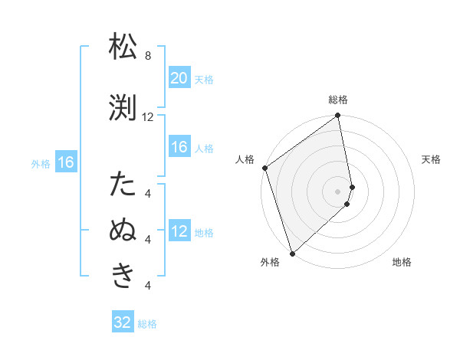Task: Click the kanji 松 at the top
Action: point(123,48)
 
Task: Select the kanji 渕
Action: point(123,108)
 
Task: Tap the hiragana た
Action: point(123,185)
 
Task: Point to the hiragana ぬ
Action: point(123,231)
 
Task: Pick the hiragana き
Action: point(123,275)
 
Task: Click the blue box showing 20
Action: point(179,78)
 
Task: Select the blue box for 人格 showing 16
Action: point(179,147)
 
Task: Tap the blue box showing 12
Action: point(179,231)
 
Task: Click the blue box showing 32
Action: point(123,322)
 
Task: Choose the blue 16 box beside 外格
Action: point(65,162)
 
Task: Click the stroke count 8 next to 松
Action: point(147,56)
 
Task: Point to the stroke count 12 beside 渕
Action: point(148,117)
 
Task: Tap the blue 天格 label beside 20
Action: point(203,79)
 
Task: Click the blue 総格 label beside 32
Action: point(147,324)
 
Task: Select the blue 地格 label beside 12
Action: point(203,232)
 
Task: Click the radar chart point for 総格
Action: point(338,116)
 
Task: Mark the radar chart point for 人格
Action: point(264,168)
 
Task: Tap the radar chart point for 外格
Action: point(291,253)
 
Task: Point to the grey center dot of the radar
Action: point(338,191)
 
